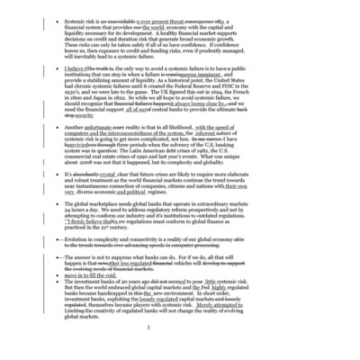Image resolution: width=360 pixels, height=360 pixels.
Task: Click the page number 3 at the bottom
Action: click(179, 326)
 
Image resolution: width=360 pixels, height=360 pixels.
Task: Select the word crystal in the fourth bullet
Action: click(126, 172)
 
